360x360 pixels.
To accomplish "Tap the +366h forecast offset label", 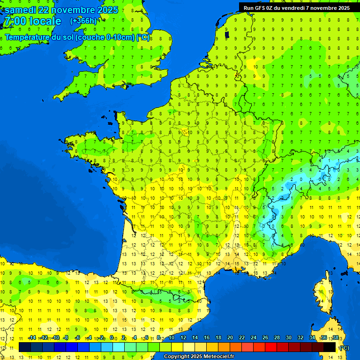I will point(83,21).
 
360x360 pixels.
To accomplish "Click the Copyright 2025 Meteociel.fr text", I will point(199,357).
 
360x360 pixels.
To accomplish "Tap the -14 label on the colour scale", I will point(32,337).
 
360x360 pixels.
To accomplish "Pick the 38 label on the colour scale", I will point(336,337).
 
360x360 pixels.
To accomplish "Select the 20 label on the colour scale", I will point(230,337).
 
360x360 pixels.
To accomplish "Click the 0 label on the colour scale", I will point(112,337).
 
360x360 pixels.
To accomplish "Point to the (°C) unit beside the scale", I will point(345,347).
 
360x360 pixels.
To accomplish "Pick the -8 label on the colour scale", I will point(66,337).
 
